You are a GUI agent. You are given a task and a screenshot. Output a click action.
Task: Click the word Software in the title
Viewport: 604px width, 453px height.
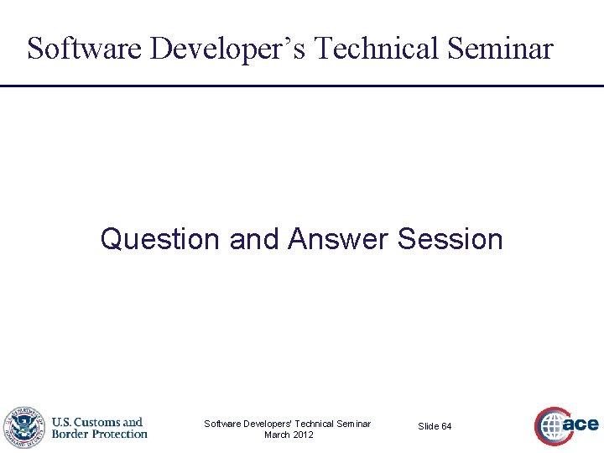pyautogui.click(x=86, y=49)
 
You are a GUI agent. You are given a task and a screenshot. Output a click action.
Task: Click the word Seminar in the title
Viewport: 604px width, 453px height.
pyautogui.click(x=502, y=49)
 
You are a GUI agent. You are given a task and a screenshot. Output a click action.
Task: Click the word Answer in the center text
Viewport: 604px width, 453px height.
pyautogui.click(x=338, y=239)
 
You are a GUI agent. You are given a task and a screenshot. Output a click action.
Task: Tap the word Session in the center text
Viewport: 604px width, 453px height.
pyautogui.click(x=450, y=239)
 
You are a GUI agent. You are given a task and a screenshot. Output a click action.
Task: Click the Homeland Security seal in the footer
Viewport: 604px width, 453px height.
pyautogui.click(x=23, y=428)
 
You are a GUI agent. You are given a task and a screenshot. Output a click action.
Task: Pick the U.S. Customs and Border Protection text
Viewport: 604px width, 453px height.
pyautogui.click(x=99, y=428)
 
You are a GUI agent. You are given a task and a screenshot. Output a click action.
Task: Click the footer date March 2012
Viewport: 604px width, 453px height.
pyautogui.click(x=289, y=435)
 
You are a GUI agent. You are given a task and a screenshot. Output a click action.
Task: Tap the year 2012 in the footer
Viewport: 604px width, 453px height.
pyautogui.click(x=302, y=435)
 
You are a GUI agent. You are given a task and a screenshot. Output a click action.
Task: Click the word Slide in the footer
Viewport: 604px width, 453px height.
pyautogui.click(x=428, y=427)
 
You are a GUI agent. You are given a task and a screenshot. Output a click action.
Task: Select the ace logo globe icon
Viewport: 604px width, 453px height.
pyautogui.click(x=552, y=427)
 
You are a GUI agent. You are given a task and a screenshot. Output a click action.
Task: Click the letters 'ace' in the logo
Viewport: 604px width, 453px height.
pyautogui.click(x=581, y=424)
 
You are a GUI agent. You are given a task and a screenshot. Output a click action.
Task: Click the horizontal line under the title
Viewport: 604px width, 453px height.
pyautogui.click(x=302, y=86)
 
